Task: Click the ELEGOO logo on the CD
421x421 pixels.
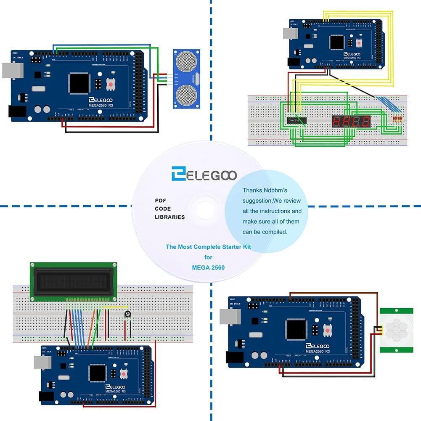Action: tap(204, 175)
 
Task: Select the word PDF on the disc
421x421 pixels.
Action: tap(160, 201)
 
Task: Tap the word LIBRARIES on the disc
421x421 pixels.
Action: tap(169, 217)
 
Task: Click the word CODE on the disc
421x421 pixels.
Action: tap(162, 209)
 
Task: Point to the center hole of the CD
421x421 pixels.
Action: tap(205, 209)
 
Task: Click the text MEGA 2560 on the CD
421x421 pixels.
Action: tap(209, 267)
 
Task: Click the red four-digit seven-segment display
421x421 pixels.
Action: tap(351, 122)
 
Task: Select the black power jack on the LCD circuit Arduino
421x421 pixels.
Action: tap(46, 396)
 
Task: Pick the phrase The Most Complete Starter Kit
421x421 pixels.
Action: tap(208, 247)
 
